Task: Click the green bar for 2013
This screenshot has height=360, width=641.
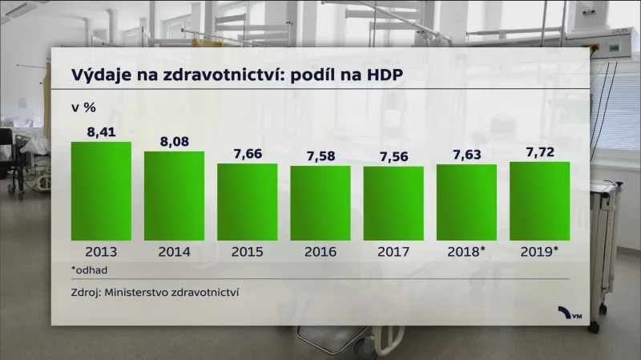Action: click(101, 191)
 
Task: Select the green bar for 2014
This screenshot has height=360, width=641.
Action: click(174, 196)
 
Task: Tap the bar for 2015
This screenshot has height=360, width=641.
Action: click(247, 202)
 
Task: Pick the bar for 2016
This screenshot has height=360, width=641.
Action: click(320, 203)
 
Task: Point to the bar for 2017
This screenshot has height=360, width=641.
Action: click(393, 203)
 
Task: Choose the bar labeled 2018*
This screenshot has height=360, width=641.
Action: click(466, 202)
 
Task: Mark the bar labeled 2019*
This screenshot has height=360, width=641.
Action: click(539, 201)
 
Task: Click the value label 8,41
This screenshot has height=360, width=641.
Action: click(101, 130)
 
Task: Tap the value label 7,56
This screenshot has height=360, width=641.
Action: click(393, 155)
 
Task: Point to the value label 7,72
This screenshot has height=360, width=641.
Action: click(539, 150)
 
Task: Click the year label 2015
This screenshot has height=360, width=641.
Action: click(247, 252)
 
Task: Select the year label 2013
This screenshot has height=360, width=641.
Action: click(101, 252)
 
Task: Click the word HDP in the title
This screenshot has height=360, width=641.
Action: click(382, 74)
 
